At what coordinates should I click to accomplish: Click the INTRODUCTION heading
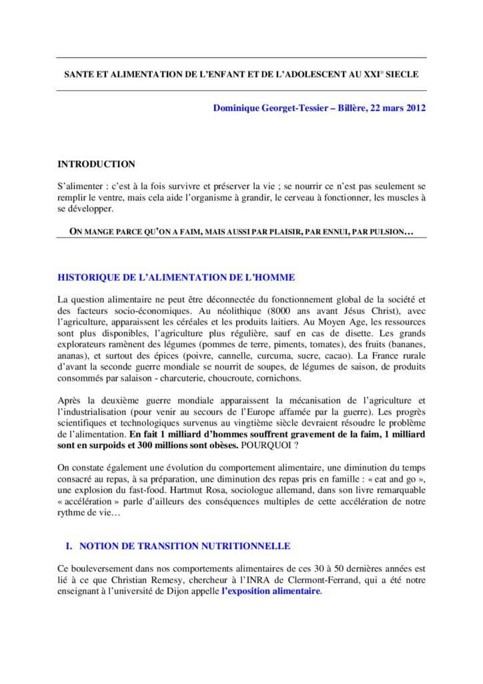(x=96, y=164)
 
